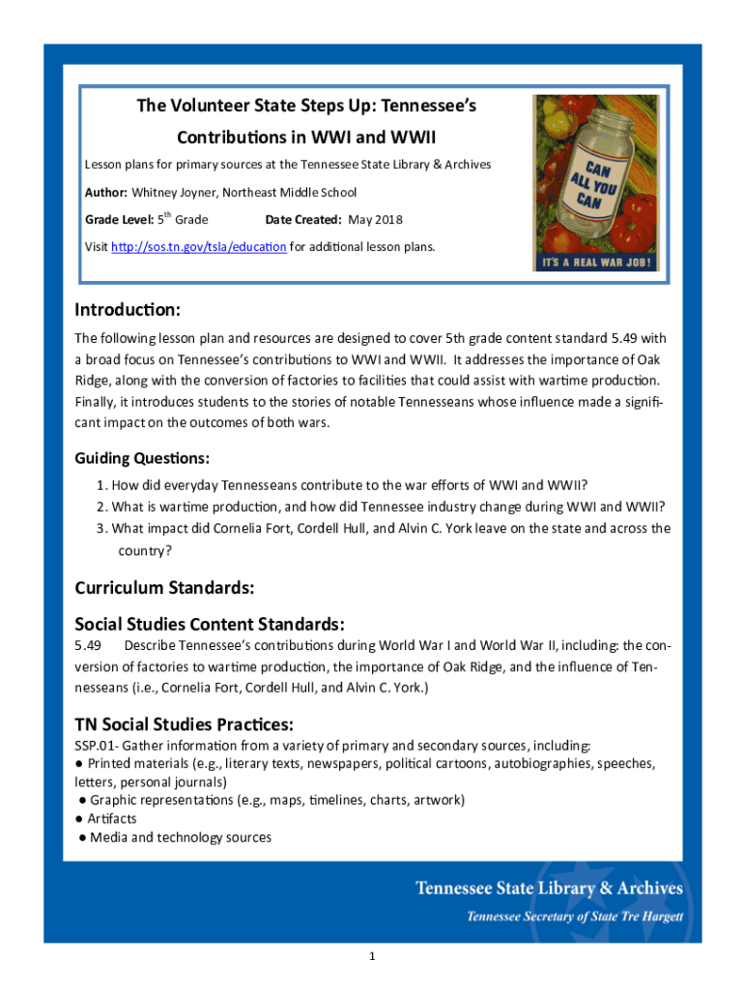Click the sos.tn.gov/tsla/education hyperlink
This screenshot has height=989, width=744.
[x=199, y=247]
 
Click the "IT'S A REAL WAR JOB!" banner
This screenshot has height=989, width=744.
[x=595, y=262]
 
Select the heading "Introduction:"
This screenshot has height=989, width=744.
[x=128, y=311]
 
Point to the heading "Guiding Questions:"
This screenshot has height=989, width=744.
[x=142, y=458]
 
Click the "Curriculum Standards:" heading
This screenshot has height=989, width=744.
[x=164, y=587]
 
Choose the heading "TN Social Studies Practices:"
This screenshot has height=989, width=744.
[x=185, y=724]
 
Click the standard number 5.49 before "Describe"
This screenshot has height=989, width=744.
[x=89, y=645]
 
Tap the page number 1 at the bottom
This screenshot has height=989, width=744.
[x=371, y=956]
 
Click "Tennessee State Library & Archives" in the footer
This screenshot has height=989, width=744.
[x=549, y=889]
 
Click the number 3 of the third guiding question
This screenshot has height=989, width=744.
[x=100, y=528]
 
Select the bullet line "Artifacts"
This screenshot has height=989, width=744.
[x=111, y=819]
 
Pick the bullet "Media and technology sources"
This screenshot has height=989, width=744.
[x=180, y=837]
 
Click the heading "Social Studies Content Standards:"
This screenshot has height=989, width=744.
[x=210, y=624]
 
